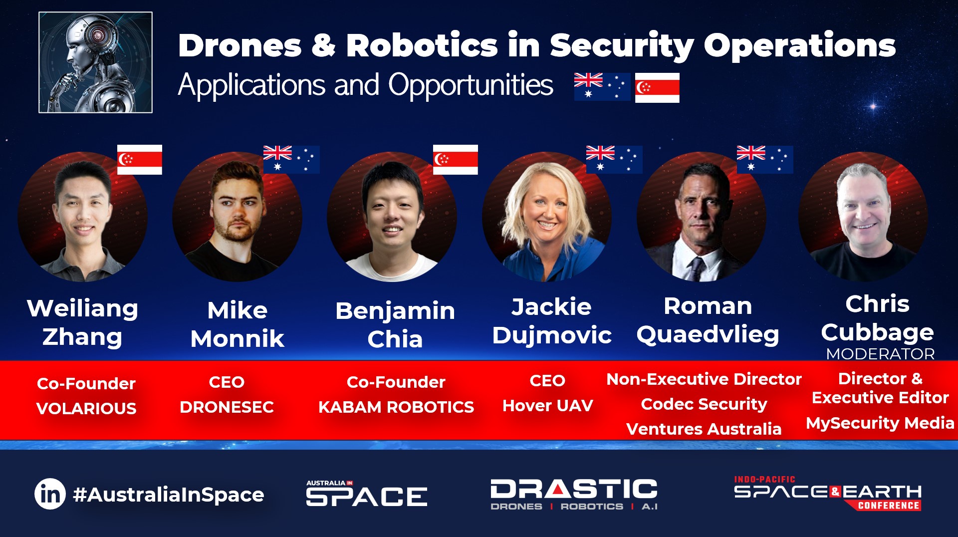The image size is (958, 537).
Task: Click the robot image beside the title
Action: (x=95, y=62)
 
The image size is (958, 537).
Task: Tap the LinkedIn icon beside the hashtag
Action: (x=50, y=494)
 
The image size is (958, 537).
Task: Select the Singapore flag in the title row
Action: (x=657, y=88)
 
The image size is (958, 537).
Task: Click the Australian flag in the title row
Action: (x=602, y=87)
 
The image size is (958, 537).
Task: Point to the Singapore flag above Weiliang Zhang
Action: (x=140, y=160)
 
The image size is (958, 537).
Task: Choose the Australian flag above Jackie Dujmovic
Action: (x=614, y=160)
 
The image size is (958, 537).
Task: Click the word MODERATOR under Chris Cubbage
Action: (x=881, y=354)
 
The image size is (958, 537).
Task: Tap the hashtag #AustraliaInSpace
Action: (x=169, y=495)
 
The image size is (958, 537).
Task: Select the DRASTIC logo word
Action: (x=574, y=489)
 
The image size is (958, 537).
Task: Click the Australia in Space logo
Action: (x=367, y=494)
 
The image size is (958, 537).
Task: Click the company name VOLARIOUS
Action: (x=86, y=408)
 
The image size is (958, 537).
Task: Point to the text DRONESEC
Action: (x=227, y=407)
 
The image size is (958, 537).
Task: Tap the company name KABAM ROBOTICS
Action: (x=396, y=407)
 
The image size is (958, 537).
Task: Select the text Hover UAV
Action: (x=548, y=406)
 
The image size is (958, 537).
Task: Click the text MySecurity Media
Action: (x=880, y=423)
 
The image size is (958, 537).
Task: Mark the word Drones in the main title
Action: (x=240, y=46)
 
